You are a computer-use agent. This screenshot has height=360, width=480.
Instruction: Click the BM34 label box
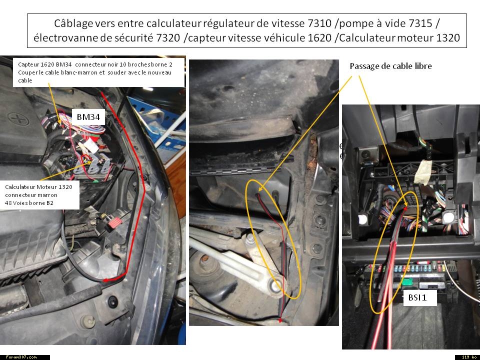88,117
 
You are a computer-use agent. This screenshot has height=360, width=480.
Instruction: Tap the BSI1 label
417,297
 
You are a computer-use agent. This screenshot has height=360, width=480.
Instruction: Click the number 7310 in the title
318,23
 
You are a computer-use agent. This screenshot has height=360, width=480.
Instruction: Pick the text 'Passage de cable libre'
390,66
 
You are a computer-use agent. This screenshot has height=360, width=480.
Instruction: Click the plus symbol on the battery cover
18,119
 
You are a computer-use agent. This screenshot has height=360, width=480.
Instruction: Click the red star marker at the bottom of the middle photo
279,320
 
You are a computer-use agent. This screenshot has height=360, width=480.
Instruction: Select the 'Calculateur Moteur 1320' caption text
39,187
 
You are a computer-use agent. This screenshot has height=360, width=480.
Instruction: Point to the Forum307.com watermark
21,357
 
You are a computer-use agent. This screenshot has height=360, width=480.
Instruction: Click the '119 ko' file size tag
467,357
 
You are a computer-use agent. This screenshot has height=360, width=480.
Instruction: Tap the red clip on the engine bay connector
113,223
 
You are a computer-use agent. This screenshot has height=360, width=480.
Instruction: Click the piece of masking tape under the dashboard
423,172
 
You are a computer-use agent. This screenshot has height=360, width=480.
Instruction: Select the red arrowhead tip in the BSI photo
405,208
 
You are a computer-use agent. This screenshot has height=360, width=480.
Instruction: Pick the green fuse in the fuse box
407,281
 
